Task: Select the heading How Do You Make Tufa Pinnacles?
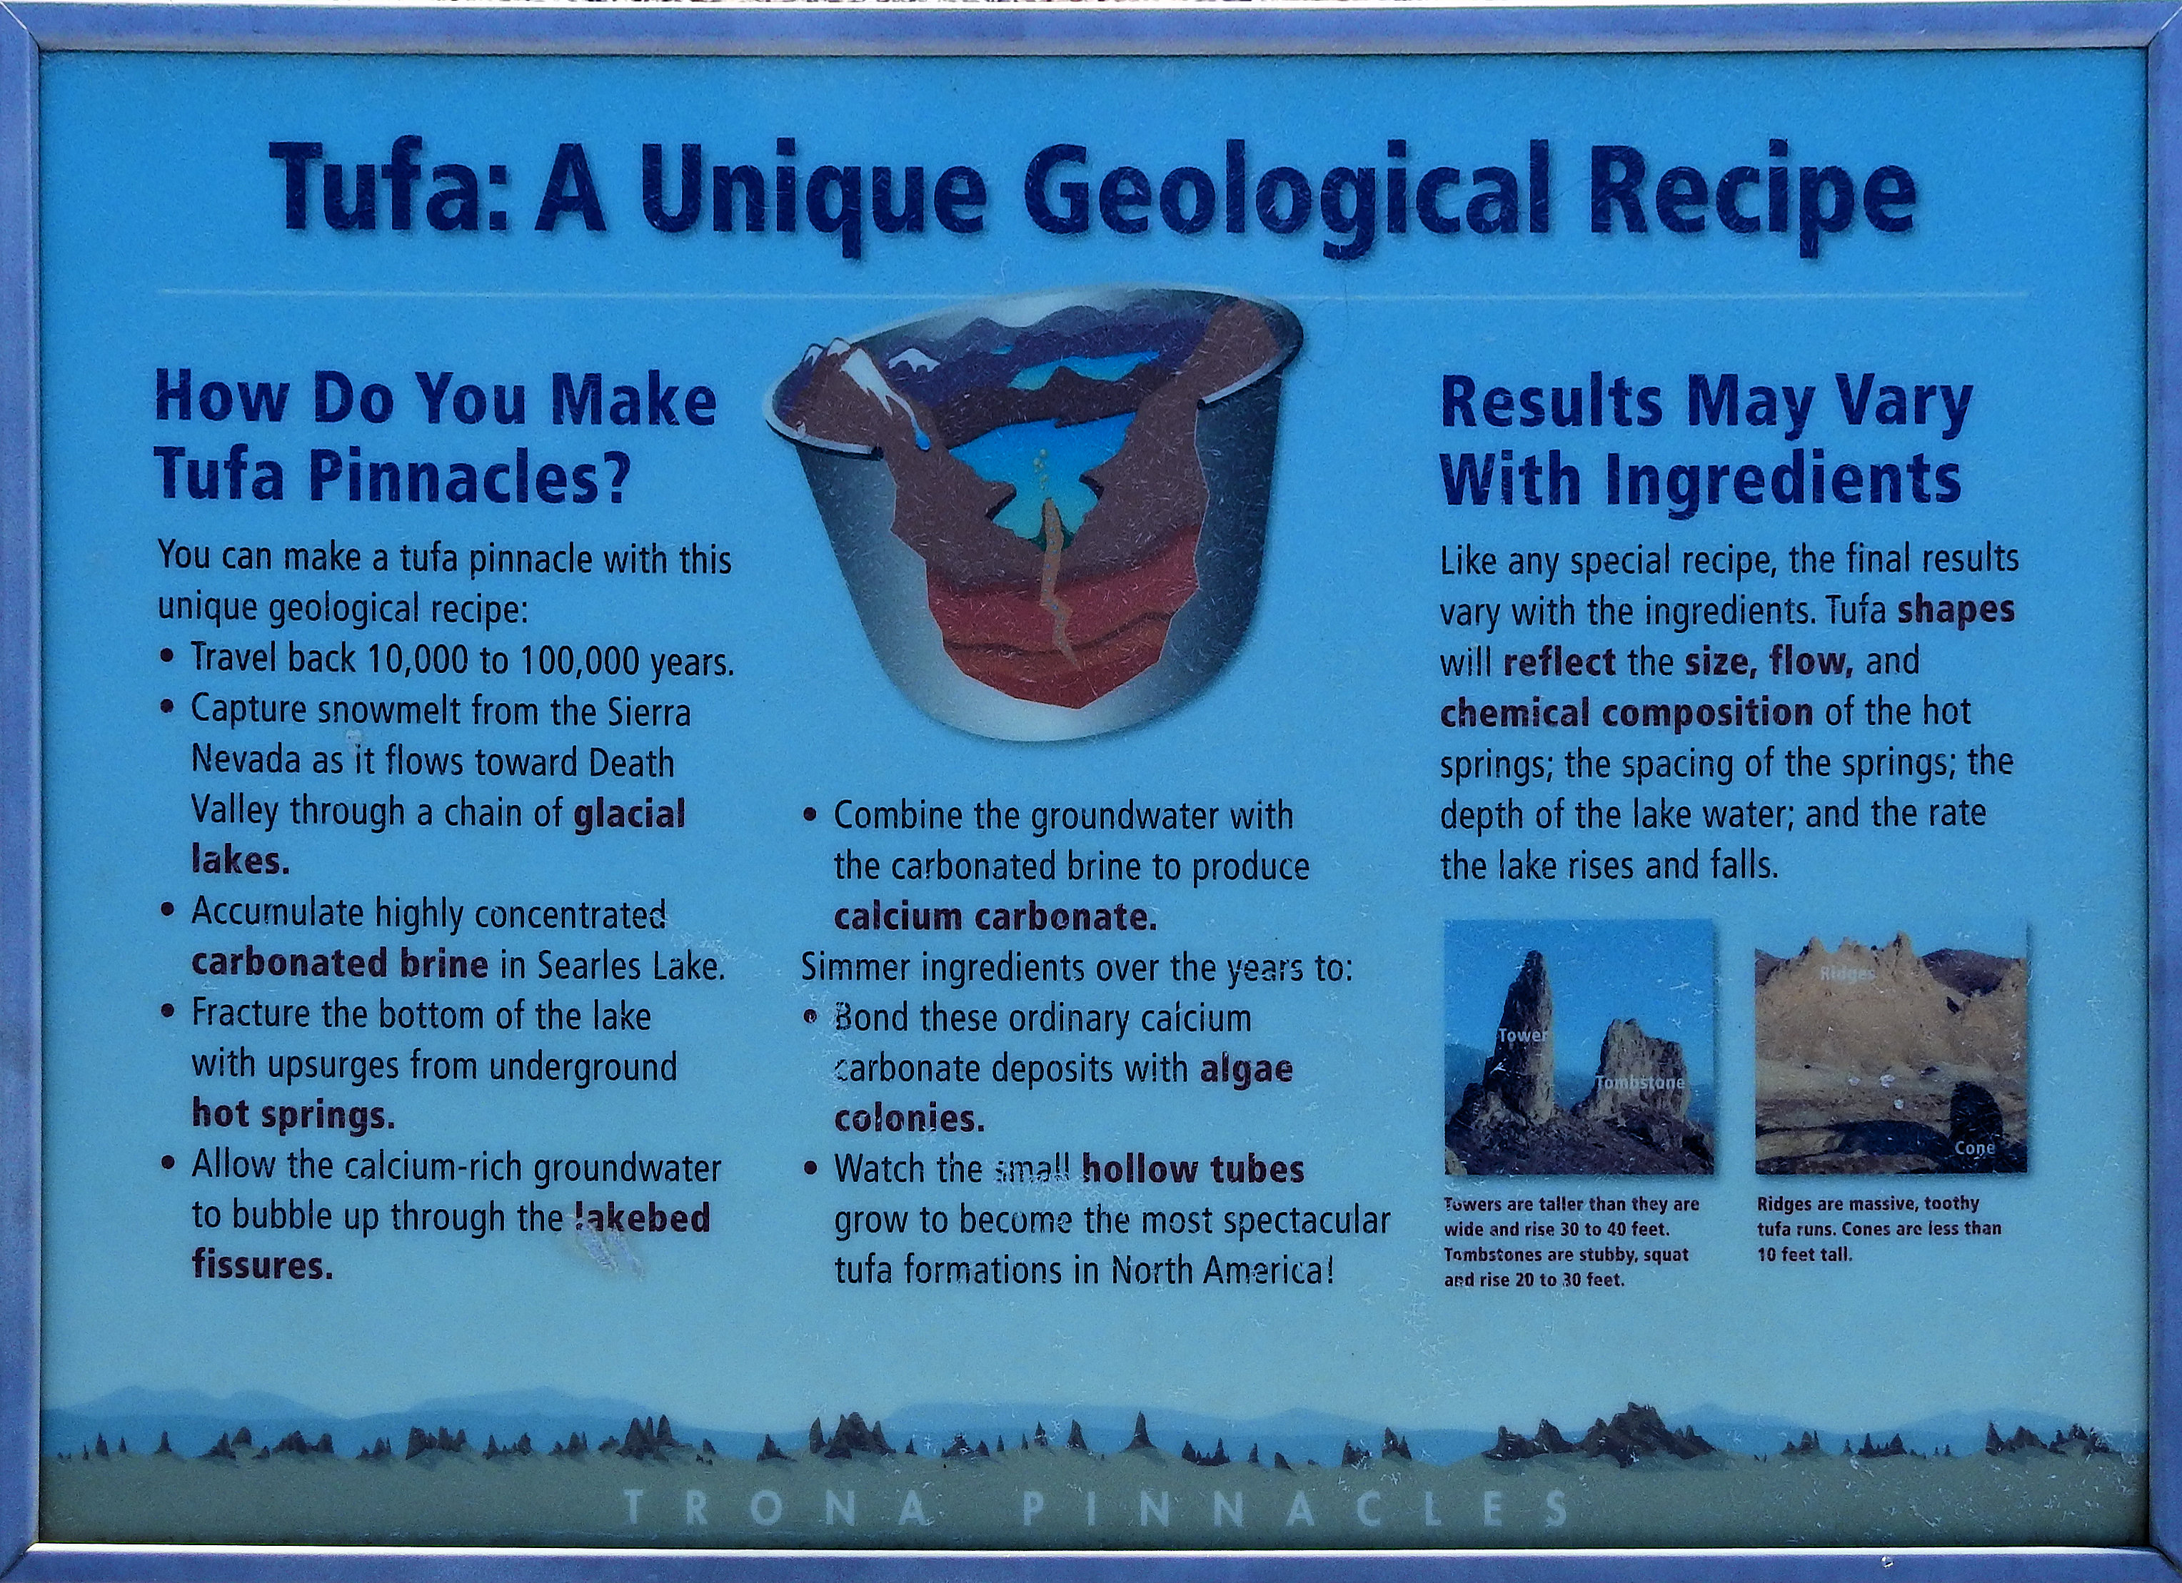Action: [x=436, y=437]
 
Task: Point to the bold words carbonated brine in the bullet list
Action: [x=340, y=963]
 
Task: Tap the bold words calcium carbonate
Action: [x=995, y=916]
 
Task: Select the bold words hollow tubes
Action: [x=1193, y=1168]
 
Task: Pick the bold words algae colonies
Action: [x=1063, y=1093]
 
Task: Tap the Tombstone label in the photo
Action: [x=1639, y=1083]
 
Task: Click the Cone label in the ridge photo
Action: [x=1974, y=1148]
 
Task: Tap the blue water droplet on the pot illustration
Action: [x=924, y=438]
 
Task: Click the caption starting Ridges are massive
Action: [x=1879, y=1229]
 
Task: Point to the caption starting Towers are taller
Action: [x=1571, y=1242]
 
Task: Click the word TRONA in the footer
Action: [x=776, y=1508]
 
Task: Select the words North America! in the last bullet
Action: [x=1222, y=1270]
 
